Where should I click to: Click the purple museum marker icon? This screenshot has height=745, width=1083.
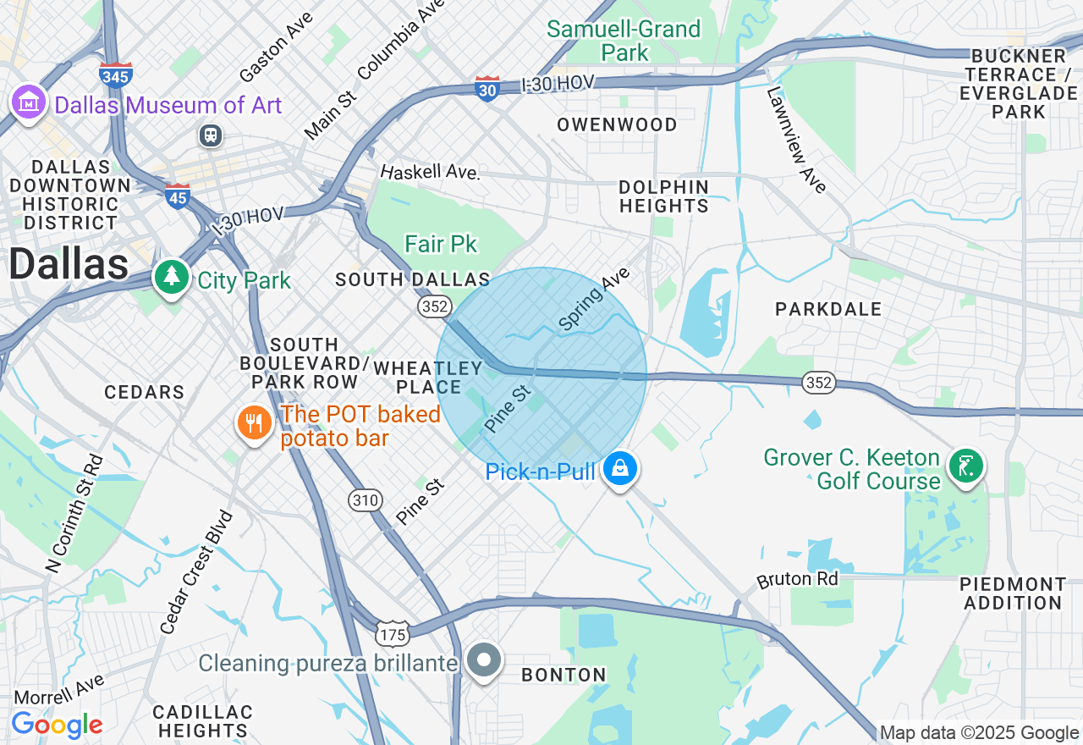pyautogui.click(x=29, y=102)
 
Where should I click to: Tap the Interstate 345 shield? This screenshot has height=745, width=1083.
pyautogui.click(x=115, y=74)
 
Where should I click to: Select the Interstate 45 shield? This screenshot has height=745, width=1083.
pyautogui.click(x=178, y=196)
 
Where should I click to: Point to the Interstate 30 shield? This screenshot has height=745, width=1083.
pyautogui.click(x=487, y=88)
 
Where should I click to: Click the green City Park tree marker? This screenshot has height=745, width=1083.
pyautogui.click(x=172, y=276)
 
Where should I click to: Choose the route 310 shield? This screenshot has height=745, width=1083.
pyautogui.click(x=366, y=500)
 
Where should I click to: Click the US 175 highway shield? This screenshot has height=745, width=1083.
pyautogui.click(x=394, y=632)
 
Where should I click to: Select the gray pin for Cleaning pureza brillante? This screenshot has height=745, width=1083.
pyautogui.click(x=485, y=659)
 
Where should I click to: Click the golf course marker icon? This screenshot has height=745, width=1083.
pyautogui.click(x=965, y=465)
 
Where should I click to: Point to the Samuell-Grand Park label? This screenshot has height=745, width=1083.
pyautogui.click(x=624, y=41)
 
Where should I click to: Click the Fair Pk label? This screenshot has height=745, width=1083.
pyautogui.click(x=441, y=245)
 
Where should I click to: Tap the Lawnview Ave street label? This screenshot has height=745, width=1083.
pyautogui.click(x=796, y=140)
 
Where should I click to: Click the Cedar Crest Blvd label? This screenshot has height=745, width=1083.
pyautogui.click(x=195, y=572)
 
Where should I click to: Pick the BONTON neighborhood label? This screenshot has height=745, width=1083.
pyautogui.click(x=563, y=675)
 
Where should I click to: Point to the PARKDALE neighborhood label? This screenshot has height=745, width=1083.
pyautogui.click(x=828, y=309)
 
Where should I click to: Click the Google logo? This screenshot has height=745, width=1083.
pyautogui.click(x=57, y=725)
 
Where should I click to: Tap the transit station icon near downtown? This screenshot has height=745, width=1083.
pyautogui.click(x=210, y=135)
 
